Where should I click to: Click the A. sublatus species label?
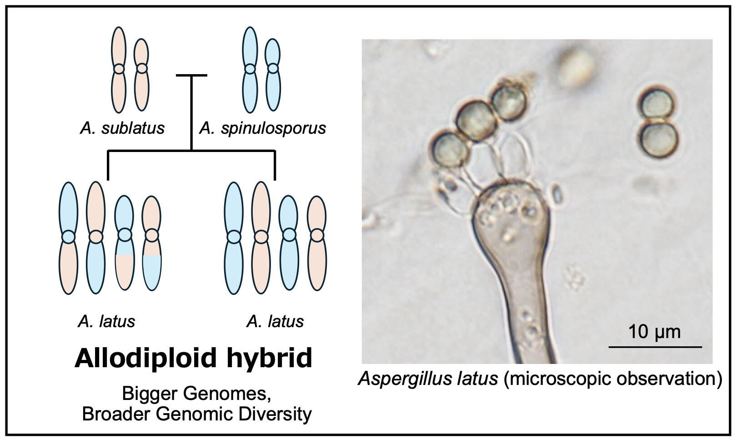122,128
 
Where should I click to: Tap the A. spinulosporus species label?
262,128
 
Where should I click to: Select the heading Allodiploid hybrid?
193,358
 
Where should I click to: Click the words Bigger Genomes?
197,393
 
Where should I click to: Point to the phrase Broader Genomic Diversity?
197,414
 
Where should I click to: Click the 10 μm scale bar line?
655,347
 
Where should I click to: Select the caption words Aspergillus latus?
428,379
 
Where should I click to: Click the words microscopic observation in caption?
612,379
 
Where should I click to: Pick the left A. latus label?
106,321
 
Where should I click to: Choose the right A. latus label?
275,321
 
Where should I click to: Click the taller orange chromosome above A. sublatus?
119,69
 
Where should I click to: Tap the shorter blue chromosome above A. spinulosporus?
273,75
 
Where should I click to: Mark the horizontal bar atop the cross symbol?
191,76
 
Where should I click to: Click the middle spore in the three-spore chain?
476,121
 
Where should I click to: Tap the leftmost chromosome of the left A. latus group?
68,238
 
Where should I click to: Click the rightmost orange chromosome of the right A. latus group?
317,243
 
